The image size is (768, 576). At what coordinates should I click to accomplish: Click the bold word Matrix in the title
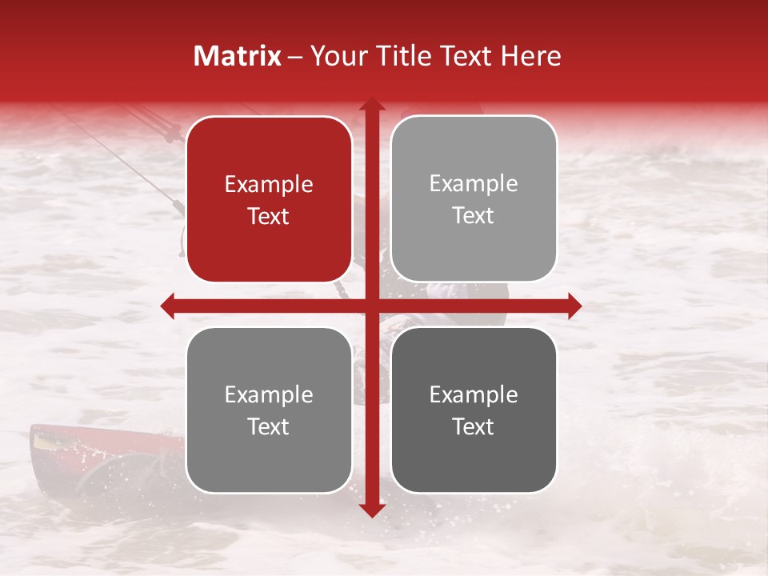click(x=237, y=56)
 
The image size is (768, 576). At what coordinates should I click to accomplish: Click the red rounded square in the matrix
click(x=269, y=200)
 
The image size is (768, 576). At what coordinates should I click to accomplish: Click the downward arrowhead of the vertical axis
click(x=371, y=510)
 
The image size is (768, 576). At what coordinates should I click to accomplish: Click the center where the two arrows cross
click(x=371, y=306)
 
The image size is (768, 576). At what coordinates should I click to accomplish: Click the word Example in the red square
click(x=269, y=185)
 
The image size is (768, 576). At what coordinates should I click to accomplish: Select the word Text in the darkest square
click(x=474, y=427)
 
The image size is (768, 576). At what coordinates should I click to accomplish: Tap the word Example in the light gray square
click(x=474, y=184)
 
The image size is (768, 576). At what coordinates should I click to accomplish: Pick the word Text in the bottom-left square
click(x=269, y=427)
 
